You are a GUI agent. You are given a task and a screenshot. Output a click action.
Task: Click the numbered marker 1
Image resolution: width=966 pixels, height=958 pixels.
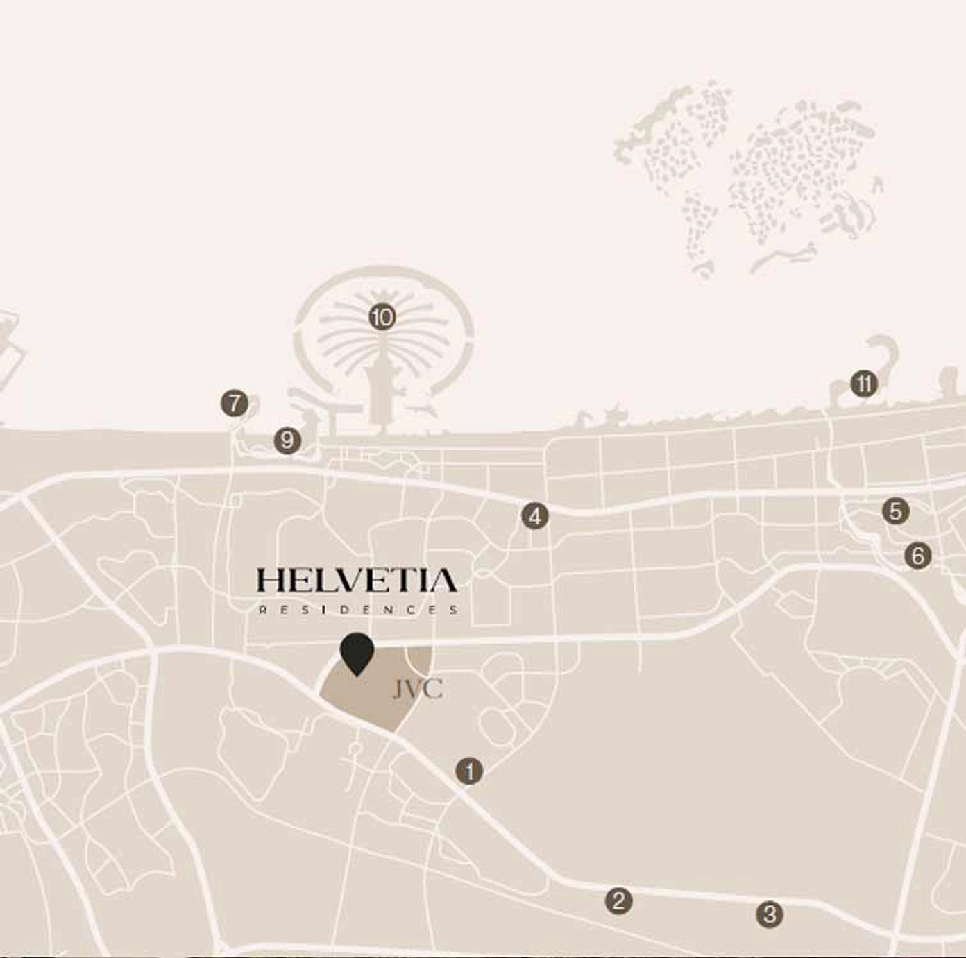[x=469, y=771]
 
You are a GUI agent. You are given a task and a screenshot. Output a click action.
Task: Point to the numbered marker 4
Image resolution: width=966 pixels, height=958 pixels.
[x=534, y=516]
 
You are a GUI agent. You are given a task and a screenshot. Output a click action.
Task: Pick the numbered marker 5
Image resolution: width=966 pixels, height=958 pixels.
[x=895, y=511]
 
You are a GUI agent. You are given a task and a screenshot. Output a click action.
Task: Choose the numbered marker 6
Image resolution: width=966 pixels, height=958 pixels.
[x=917, y=556]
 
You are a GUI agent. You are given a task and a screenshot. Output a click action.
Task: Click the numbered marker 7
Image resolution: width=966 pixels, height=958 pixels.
[x=235, y=403]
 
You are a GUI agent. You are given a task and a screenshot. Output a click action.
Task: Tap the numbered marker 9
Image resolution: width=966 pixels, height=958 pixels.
[x=287, y=440]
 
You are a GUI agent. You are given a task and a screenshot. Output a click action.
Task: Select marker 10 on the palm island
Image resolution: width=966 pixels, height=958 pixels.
[x=382, y=318]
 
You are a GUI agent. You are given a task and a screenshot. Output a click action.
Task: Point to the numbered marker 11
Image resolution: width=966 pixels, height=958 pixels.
[x=863, y=384]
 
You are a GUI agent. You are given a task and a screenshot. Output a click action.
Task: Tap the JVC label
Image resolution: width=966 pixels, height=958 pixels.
[x=417, y=690]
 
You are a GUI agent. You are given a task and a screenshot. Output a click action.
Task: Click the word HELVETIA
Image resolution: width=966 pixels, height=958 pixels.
[x=357, y=581]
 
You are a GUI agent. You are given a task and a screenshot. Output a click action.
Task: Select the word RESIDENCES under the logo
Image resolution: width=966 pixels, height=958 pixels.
[x=357, y=610]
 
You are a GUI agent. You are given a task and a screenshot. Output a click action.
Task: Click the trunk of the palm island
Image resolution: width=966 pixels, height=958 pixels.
[x=379, y=395]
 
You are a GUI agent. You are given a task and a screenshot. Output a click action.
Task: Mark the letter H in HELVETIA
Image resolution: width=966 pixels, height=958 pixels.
[x=268, y=581]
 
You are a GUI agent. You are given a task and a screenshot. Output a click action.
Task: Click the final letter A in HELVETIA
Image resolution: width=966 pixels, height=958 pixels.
[x=445, y=581]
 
